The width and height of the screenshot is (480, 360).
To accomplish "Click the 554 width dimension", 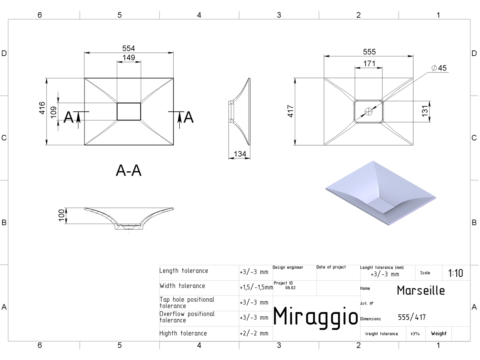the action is pos(128,48).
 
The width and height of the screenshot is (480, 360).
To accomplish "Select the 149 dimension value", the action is pos(129,58).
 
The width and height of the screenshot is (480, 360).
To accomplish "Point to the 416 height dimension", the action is pos(42,108).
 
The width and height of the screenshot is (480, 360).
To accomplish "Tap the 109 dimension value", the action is pos(53,112).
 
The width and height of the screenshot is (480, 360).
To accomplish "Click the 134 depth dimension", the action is pos(240,154).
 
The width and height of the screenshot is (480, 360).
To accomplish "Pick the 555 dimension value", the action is pos(369,52).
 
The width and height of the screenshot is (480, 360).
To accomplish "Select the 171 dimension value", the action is pos(369,64).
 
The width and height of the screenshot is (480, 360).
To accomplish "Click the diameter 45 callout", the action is pos(439,68).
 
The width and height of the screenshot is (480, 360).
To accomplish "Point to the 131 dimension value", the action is pos(424,111).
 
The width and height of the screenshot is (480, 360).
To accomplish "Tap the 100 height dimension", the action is pos(62,215).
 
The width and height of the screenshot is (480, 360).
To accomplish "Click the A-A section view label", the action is pos(128,170).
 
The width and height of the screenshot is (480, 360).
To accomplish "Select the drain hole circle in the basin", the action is pos(368,112).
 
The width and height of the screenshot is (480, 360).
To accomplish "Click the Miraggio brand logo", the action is pos(316,317).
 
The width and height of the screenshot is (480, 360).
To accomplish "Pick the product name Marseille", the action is pos(421,290).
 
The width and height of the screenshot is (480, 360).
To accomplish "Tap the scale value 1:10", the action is pos(456,273).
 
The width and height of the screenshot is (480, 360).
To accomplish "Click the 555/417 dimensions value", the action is pos(412,317).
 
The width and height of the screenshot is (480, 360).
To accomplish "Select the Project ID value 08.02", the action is pos(290,288).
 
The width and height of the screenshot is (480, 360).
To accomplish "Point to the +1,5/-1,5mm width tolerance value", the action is pos(256,287).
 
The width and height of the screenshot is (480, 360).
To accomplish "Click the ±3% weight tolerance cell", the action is pos(415,334).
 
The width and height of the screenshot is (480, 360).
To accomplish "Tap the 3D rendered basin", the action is pos(380,193).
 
